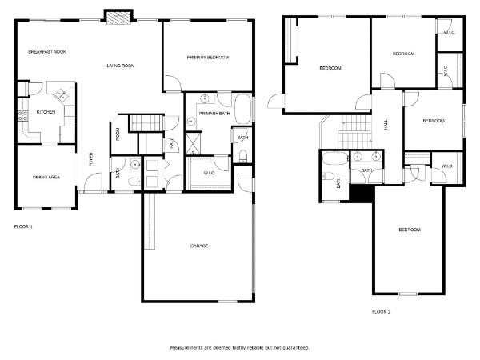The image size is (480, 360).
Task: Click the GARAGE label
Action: click(x=199, y=246)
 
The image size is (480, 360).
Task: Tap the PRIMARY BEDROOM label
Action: click(x=208, y=58)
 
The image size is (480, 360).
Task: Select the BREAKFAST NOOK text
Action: click(x=47, y=52)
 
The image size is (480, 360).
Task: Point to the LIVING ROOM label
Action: click(x=120, y=66)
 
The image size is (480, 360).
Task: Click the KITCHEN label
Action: click(x=46, y=112)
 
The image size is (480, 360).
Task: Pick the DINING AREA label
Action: click(x=46, y=177)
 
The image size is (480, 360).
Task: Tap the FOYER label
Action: click(x=90, y=159)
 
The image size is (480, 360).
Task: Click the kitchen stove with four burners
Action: click(x=22, y=115)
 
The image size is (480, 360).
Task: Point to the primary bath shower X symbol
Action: click(x=194, y=143)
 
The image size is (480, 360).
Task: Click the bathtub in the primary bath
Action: click(x=242, y=109)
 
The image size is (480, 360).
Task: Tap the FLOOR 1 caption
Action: click(x=23, y=226)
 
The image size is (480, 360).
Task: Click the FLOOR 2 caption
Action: click(x=381, y=312)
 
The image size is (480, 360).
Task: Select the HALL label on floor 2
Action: click(x=386, y=125)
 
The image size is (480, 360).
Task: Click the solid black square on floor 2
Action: click(x=362, y=193)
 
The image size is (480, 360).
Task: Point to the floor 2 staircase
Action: click(x=355, y=132)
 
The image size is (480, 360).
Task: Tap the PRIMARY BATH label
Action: click(x=214, y=114)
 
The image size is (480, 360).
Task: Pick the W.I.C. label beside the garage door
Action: click(x=210, y=173)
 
